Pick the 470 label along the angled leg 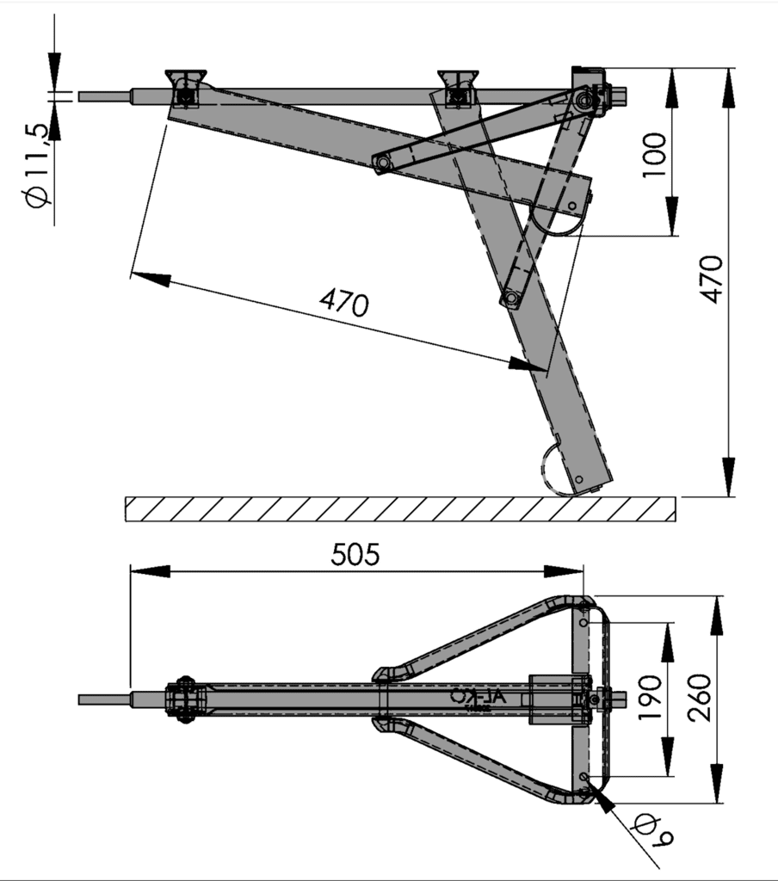(x=344, y=303)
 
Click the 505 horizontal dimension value (x=355, y=555)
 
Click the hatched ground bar (x=400, y=508)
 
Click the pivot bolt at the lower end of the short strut (x=510, y=299)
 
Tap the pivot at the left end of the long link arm (x=381, y=163)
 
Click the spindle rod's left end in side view (x=83, y=96)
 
